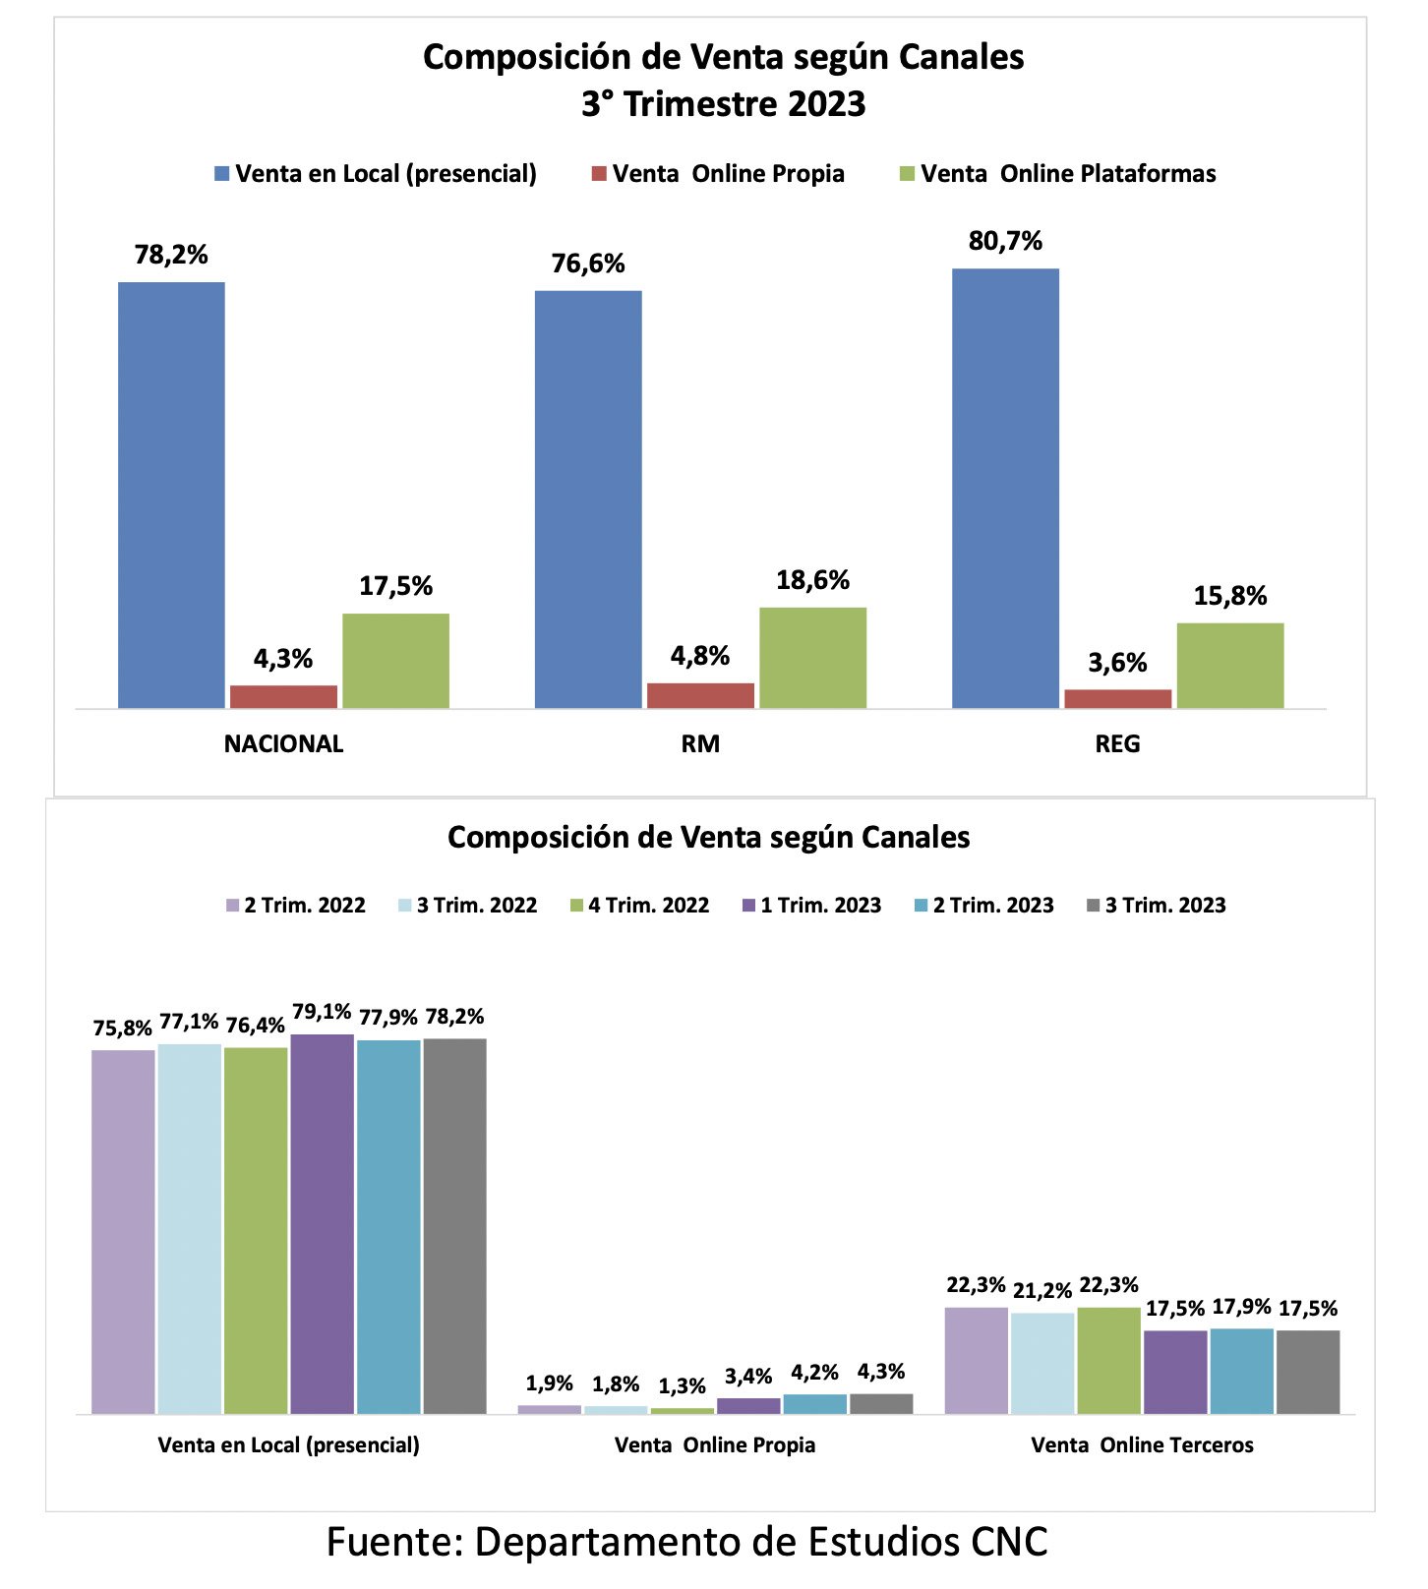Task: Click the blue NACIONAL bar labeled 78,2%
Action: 171,495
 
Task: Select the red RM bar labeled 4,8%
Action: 700,695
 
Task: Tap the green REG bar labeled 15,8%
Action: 1230,665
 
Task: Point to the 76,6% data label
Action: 588,264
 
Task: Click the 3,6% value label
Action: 1117,663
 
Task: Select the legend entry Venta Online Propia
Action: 718,174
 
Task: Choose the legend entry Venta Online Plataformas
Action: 1058,174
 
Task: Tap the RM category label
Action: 700,743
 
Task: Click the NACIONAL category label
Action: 283,743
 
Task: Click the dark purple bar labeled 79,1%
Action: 323,1224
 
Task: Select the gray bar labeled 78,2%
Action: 455,1226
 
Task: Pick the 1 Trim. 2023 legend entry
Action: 812,906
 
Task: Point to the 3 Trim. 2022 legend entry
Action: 468,906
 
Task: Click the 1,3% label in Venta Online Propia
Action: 683,1386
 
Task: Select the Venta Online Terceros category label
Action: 1143,1445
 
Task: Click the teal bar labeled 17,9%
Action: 1242,1372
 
